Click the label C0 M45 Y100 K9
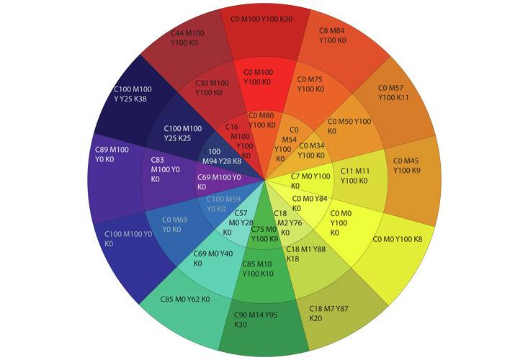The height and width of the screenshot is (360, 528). click(407, 165)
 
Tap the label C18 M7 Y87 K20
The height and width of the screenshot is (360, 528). click(334, 312)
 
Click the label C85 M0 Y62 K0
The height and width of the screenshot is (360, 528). click(185, 299)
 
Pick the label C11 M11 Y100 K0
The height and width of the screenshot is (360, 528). click(354, 176)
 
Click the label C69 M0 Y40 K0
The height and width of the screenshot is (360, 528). click(213, 258)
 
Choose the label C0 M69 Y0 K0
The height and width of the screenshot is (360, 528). click(174, 225)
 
